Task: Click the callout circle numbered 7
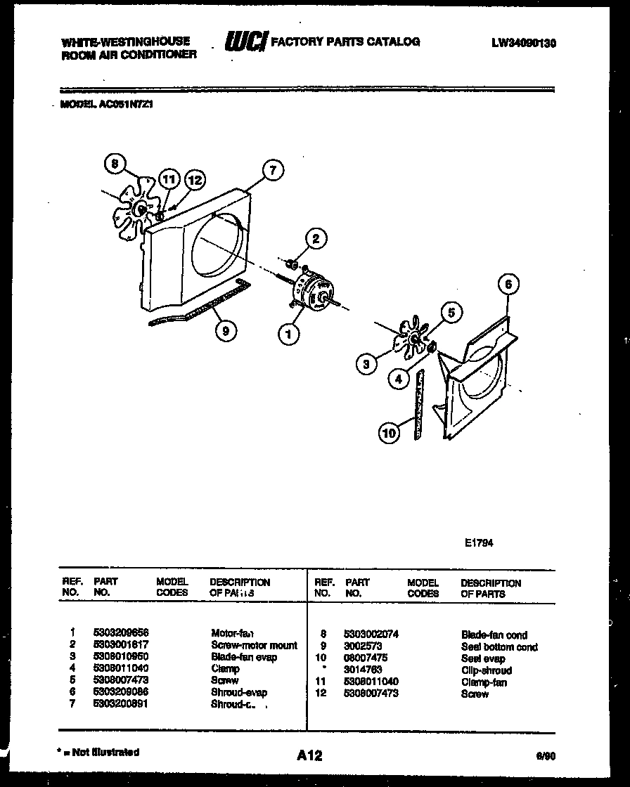(273, 170)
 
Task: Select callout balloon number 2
(316, 240)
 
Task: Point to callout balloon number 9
(224, 334)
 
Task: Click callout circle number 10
(389, 433)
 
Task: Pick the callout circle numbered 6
(508, 284)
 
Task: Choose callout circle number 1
(288, 334)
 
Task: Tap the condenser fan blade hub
(141, 208)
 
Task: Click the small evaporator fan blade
(408, 339)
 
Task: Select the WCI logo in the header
(245, 42)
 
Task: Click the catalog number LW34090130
(524, 43)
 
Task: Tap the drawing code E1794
(479, 542)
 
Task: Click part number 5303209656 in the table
(121, 633)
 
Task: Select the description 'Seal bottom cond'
(499, 646)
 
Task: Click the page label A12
(309, 755)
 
